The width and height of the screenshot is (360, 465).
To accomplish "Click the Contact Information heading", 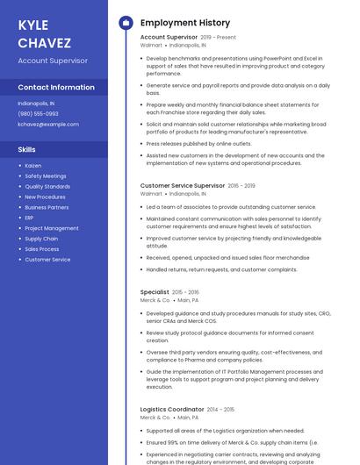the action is tap(56, 88).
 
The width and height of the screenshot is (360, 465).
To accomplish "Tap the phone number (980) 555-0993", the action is tap(39, 113).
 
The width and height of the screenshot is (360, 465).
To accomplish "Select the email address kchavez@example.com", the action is tap(48, 124).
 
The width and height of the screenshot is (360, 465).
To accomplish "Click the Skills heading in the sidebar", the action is tap(27, 149).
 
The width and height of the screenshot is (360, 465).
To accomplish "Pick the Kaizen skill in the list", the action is tap(33, 165).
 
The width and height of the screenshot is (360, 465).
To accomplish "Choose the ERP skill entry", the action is tap(29, 218).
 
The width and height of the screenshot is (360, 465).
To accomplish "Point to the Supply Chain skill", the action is tap(41, 239).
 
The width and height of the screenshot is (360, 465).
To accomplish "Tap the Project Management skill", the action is tap(52, 228).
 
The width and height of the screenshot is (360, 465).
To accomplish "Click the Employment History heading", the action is tap(185, 23).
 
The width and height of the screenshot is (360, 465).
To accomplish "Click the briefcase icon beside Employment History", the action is tap(125, 23).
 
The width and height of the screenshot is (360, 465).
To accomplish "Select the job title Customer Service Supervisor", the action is tap(183, 186).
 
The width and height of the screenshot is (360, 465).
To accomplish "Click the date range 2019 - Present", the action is tap(219, 38).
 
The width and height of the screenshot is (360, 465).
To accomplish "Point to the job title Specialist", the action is tap(155, 291).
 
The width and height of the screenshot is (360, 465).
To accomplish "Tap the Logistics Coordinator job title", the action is tap(172, 410).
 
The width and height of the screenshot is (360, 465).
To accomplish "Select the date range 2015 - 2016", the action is tap(186, 291).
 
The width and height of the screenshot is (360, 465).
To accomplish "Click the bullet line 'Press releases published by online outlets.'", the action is tap(198, 143).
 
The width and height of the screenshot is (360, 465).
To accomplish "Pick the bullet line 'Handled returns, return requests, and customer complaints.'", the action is tap(221, 269).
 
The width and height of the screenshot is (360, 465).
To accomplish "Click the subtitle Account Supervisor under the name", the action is tap(53, 61).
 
